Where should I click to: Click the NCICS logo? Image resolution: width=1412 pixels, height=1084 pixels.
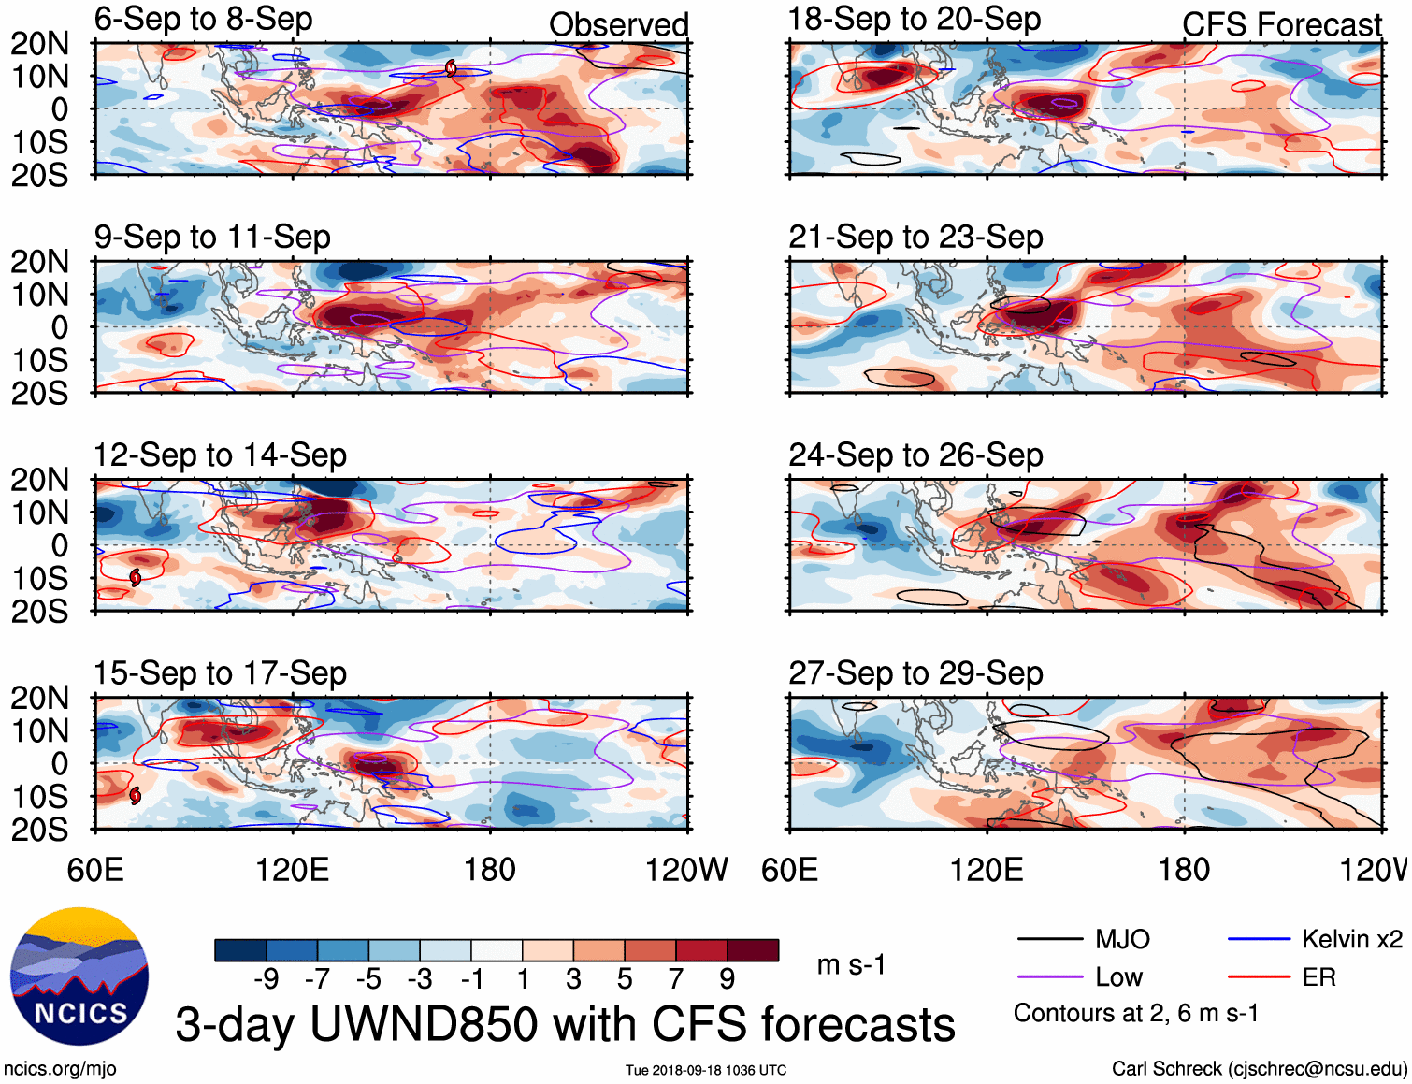[x=79, y=976]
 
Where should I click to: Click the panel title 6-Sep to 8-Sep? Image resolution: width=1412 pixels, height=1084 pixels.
[x=203, y=19]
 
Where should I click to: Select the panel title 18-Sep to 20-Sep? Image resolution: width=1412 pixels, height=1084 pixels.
[x=914, y=19]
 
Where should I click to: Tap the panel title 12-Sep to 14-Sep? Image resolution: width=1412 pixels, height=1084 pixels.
[x=220, y=455]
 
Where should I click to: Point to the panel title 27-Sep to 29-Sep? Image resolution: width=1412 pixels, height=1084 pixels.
[x=915, y=673]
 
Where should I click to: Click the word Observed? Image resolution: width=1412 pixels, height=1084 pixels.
[x=618, y=24]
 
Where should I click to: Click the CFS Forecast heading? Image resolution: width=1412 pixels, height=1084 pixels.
[x=1281, y=24]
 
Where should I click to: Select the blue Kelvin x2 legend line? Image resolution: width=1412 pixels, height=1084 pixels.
[x=1259, y=939]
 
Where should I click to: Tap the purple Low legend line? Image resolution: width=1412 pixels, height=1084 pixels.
[x=1049, y=977]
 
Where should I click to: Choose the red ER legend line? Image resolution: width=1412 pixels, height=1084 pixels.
[x=1259, y=977]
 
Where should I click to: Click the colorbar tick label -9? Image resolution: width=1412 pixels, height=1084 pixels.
[x=266, y=978]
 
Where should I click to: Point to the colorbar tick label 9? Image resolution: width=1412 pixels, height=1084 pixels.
[x=727, y=978]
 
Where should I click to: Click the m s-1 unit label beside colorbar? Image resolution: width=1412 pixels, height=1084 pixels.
[x=851, y=964]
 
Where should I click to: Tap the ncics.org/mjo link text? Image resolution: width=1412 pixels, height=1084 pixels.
[x=60, y=1068]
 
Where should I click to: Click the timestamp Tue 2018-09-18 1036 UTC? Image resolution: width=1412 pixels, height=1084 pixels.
[x=706, y=1070]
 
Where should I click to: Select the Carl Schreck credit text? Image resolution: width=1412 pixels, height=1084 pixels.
[x=1259, y=1068]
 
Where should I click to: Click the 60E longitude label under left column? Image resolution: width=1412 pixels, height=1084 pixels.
[x=95, y=870]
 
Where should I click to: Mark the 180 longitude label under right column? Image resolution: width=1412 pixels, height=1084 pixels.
[x=1184, y=870]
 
